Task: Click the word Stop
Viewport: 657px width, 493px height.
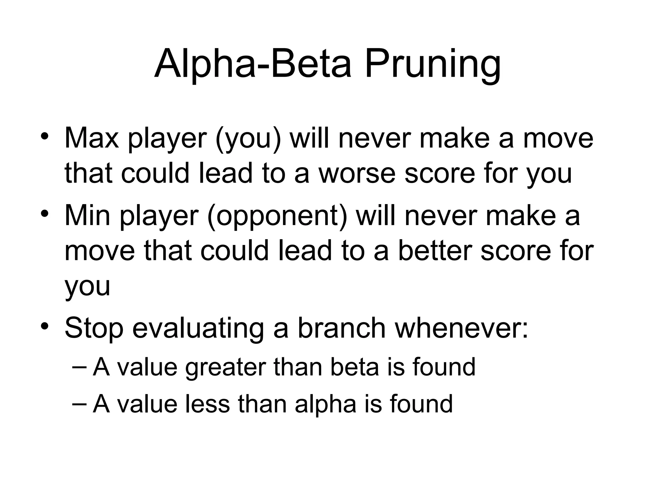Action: tap(94, 328)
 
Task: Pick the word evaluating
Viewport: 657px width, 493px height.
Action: tap(198, 328)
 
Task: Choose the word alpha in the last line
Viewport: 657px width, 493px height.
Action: tap(325, 404)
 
